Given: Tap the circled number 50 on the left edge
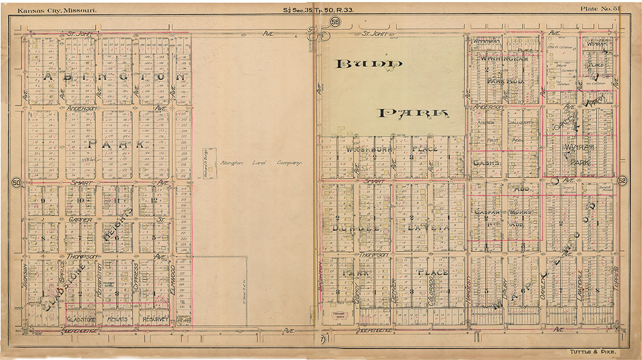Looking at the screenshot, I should (16, 182).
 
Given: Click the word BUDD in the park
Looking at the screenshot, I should (368, 64).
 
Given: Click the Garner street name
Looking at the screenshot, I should (80, 219).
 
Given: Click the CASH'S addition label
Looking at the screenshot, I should (486, 163).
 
